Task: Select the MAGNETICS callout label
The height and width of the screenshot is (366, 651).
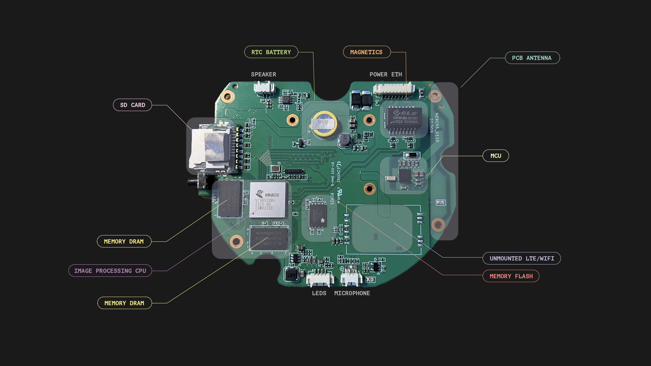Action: point(366,52)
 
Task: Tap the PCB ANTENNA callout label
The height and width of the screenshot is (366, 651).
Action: point(532,58)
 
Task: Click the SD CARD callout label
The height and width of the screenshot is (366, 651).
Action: point(132,105)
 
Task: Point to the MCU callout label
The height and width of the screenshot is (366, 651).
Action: point(496,156)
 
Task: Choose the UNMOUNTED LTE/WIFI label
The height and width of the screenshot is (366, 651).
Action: point(522,258)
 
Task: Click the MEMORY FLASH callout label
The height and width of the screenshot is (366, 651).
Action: point(511,276)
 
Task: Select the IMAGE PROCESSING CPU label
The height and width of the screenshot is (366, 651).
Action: point(110,270)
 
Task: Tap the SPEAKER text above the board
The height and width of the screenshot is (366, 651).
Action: point(263,74)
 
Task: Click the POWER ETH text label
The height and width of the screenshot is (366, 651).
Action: point(386,74)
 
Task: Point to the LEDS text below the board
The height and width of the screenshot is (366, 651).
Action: point(319,293)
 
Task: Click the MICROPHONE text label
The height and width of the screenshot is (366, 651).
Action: point(352,293)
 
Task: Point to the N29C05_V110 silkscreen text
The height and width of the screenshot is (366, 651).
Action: point(437,127)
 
